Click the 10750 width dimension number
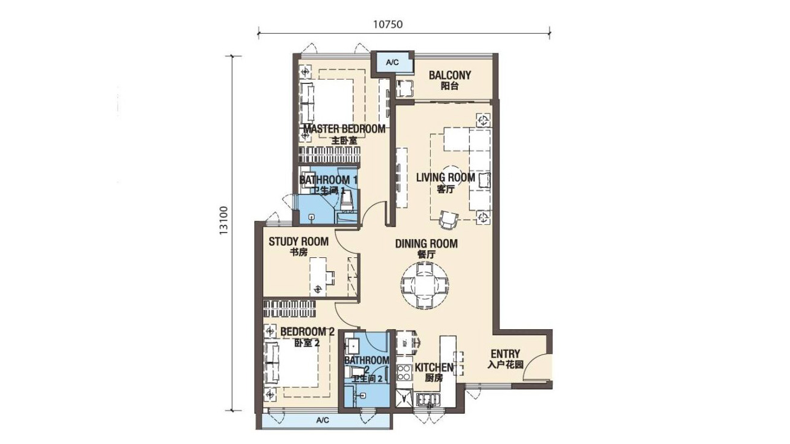click(388, 24)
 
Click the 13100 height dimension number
click(224, 221)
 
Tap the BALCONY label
click(450, 75)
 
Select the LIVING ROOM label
click(446, 178)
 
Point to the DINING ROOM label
click(426, 243)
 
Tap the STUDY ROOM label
click(298, 242)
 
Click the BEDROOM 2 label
click(307, 332)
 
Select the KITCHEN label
click(434, 367)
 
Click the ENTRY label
click(506, 354)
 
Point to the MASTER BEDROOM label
click(344, 129)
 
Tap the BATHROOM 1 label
click(329, 180)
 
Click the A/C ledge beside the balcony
click(392, 62)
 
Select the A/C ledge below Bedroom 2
click(323, 420)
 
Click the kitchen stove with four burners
click(403, 372)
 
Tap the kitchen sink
click(428, 399)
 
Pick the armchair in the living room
click(449, 220)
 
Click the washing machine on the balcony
click(405, 89)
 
